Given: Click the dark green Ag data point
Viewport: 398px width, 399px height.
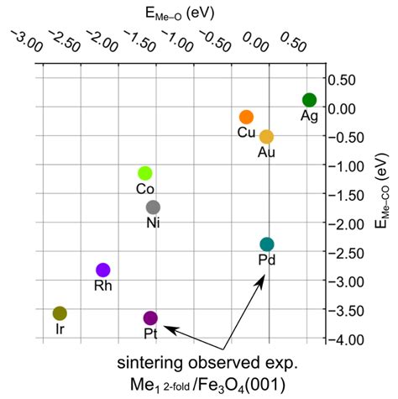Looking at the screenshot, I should point(309,100).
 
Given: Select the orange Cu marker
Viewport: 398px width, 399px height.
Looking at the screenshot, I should point(246,117).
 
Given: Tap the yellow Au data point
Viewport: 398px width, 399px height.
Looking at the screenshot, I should point(266,137).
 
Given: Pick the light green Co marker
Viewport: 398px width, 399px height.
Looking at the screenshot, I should point(144,173).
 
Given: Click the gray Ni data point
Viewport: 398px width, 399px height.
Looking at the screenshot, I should point(153,207).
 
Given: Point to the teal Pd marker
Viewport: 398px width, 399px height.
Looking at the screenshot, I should point(267,244).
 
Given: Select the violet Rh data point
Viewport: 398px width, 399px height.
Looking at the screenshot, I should point(103,270).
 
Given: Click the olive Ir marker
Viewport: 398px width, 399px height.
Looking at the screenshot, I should point(60,313).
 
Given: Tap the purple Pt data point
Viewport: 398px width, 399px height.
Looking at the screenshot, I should point(150,318).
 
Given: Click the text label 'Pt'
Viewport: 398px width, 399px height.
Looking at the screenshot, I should point(150,334).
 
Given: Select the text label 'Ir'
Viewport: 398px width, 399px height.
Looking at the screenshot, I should point(60,329).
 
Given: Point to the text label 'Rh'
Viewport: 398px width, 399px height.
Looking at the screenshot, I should point(103,286).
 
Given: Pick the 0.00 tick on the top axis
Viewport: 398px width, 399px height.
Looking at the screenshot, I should point(251,40).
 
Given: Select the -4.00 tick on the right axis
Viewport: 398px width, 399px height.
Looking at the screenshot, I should point(352,340).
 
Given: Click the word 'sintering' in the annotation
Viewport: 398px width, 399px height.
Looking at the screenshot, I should point(155,364).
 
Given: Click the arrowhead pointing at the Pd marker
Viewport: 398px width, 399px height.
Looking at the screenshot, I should point(263,280).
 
